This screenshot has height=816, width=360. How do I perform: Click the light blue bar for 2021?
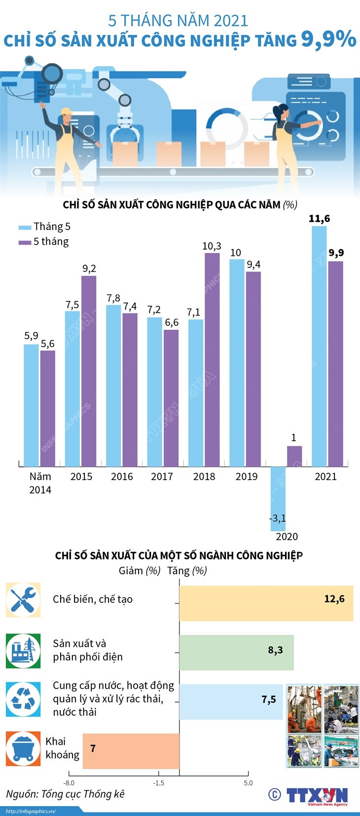[319, 345]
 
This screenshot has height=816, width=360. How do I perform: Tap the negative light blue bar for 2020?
[278, 498]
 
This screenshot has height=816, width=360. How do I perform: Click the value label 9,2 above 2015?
[89, 268]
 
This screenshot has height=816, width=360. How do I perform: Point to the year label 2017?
[162, 477]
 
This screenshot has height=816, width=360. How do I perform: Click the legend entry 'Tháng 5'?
[45, 227]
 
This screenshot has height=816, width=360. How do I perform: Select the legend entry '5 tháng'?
[44, 242]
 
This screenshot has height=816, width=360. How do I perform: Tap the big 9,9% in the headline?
[328, 39]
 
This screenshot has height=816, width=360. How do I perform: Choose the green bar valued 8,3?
[236, 652]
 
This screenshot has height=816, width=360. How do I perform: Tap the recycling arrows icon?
[23, 700]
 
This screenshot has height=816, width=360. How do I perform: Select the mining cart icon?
[23, 749]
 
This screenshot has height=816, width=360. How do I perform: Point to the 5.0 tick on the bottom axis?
[248, 783]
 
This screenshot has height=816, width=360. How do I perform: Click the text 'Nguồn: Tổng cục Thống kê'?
[65, 794]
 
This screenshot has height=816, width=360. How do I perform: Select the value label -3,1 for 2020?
[278, 519]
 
